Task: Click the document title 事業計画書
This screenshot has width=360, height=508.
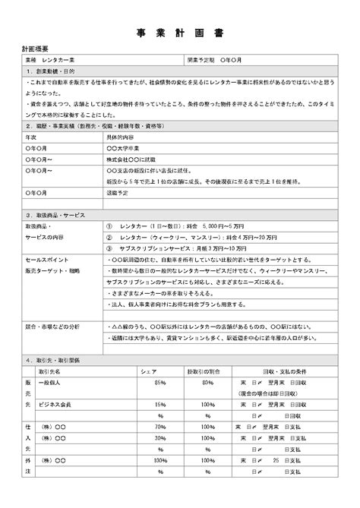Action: click(180, 33)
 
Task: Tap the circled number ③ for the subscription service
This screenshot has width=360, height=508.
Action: click(110, 248)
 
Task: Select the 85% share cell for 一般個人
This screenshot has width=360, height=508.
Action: click(159, 383)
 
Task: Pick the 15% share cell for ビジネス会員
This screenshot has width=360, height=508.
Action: click(160, 405)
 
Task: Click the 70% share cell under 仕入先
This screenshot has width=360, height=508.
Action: click(159, 428)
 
